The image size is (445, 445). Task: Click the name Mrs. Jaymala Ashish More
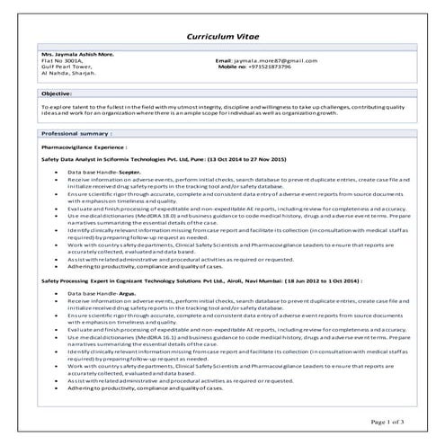pyautogui.click(x=78, y=54)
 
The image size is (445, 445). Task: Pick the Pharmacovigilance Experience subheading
pyautogui.click(x=85, y=144)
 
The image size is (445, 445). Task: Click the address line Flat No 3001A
pyautogui.click(x=61, y=60)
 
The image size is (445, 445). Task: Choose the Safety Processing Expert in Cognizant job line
pyautogui.click(x=135, y=280)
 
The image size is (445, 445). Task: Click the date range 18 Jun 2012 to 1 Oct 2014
pyautogui.click(x=316, y=280)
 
